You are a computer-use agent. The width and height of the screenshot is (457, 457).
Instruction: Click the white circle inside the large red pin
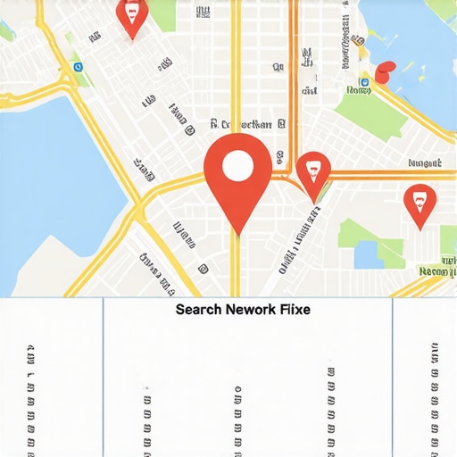point(237,166)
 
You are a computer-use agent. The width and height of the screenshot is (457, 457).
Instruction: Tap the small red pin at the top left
point(132,15)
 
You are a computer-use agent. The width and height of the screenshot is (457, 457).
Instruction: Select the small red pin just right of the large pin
point(312,171)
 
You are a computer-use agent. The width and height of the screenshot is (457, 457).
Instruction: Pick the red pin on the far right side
point(420,203)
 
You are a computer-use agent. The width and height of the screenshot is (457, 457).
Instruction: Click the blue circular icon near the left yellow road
point(78,66)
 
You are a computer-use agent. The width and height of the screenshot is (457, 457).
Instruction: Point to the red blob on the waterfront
point(385,73)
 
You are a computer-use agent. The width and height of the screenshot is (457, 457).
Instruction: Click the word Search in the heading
point(199,310)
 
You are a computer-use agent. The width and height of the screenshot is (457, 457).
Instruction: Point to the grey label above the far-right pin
point(424,163)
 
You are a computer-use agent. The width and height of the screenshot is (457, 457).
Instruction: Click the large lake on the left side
point(45,179)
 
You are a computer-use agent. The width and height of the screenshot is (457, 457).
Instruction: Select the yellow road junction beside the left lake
point(138,210)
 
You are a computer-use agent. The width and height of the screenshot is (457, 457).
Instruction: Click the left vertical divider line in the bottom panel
point(104,375)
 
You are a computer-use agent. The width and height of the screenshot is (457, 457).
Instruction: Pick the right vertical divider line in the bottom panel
point(393,375)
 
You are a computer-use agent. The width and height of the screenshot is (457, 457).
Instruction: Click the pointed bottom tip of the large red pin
point(237,234)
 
